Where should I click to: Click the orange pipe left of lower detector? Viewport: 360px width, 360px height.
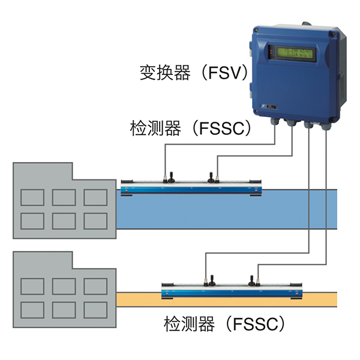coord(137,299)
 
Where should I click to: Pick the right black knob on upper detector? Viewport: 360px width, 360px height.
coord(211,176)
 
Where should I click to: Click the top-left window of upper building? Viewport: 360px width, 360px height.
coord(32,197)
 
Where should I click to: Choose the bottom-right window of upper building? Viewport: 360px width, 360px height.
coord(95,220)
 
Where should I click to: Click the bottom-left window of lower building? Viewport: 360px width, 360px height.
coord(32,309)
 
